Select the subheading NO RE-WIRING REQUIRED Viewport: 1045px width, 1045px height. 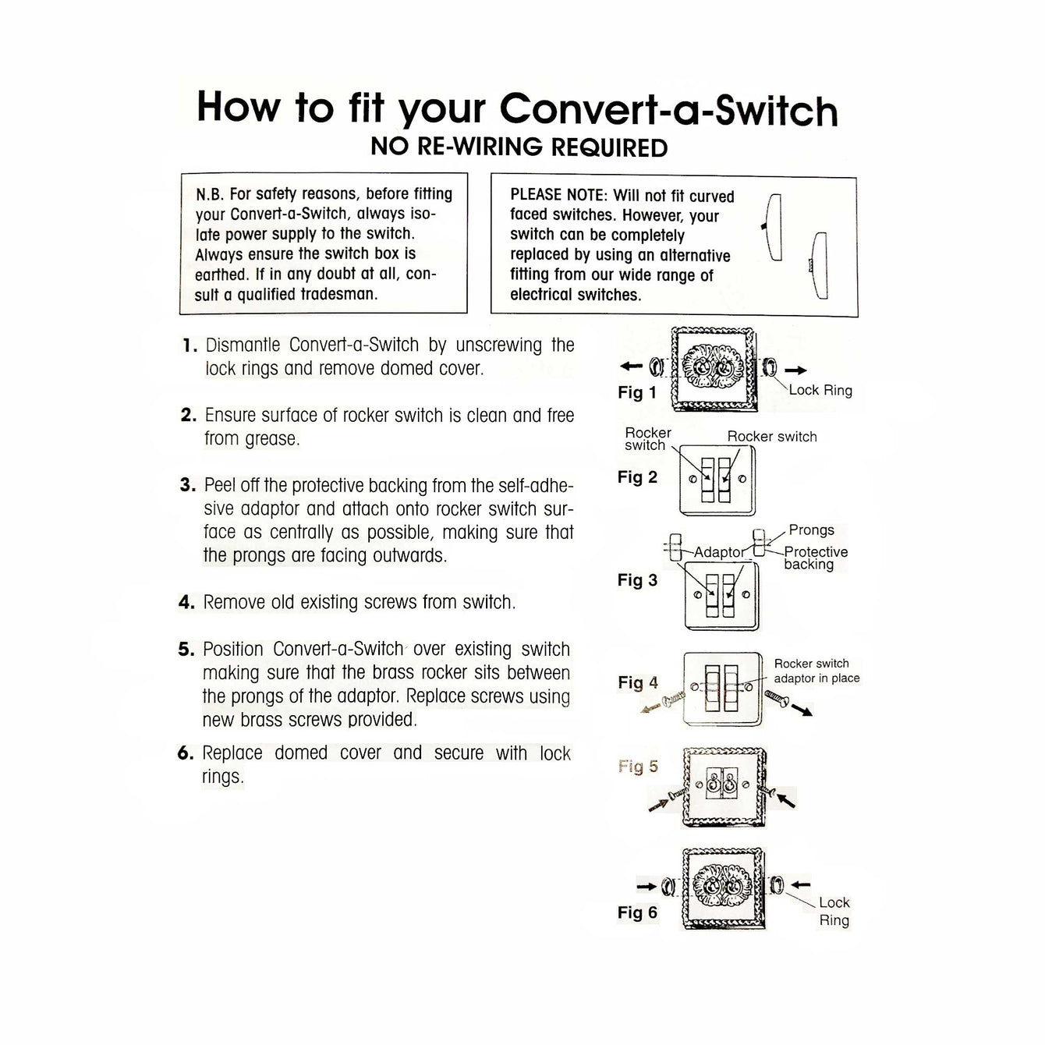(x=519, y=147)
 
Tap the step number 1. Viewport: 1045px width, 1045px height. (x=187, y=345)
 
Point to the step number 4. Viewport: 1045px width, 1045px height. (x=186, y=603)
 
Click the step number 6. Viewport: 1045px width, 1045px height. (x=185, y=753)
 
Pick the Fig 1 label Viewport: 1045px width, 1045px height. (x=637, y=392)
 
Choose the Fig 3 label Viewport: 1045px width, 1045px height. (x=637, y=580)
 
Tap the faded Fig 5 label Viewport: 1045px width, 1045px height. (x=637, y=767)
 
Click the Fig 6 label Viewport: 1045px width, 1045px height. (x=637, y=912)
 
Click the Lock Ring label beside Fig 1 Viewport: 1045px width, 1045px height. (x=820, y=390)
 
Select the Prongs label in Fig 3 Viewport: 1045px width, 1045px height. (x=811, y=530)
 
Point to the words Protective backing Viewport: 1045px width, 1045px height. (x=815, y=558)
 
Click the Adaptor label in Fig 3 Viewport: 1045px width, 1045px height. (x=719, y=552)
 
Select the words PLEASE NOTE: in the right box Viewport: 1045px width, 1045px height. (x=558, y=195)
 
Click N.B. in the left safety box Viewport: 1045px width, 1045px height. (x=211, y=194)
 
